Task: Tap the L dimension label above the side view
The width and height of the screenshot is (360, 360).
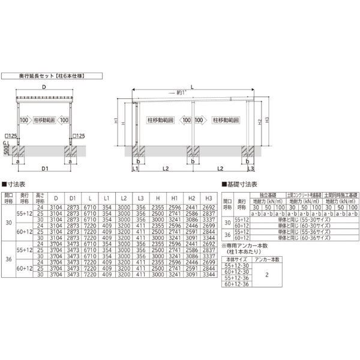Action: (191, 88)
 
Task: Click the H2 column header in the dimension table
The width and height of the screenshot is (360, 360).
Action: (191, 197)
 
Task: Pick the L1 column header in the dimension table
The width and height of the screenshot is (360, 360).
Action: (106, 197)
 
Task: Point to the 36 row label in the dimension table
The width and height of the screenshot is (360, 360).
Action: (7, 259)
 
